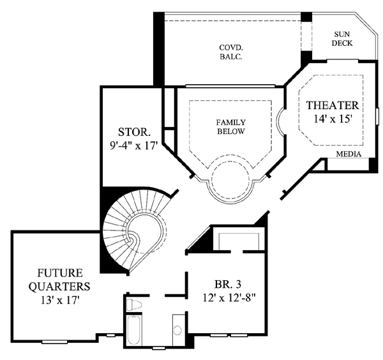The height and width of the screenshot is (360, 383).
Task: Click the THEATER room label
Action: pos(333,105)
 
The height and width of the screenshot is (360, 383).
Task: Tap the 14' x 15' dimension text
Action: pos(333,119)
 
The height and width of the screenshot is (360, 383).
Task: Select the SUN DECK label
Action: pos(342,38)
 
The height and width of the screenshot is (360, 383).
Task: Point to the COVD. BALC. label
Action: pos(231,52)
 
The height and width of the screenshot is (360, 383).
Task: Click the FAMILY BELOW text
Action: pos(231,127)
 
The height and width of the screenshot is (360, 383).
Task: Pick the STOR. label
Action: pos(134,132)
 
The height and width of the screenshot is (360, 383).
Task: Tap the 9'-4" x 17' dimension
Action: pos(133,146)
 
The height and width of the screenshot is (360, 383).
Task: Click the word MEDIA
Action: pos(349,154)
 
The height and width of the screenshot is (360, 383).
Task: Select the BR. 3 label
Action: pos(228,284)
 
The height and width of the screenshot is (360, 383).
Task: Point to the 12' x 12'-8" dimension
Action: pos(229,297)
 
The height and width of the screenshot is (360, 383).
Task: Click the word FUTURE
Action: pos(60,273)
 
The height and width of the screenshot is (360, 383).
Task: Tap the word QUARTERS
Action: pos(59,286)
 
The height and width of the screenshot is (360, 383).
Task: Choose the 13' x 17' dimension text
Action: pos(60,300)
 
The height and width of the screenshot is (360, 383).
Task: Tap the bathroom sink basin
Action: pos(177,330)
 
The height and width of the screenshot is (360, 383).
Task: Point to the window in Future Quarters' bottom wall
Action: pos(54,342)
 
